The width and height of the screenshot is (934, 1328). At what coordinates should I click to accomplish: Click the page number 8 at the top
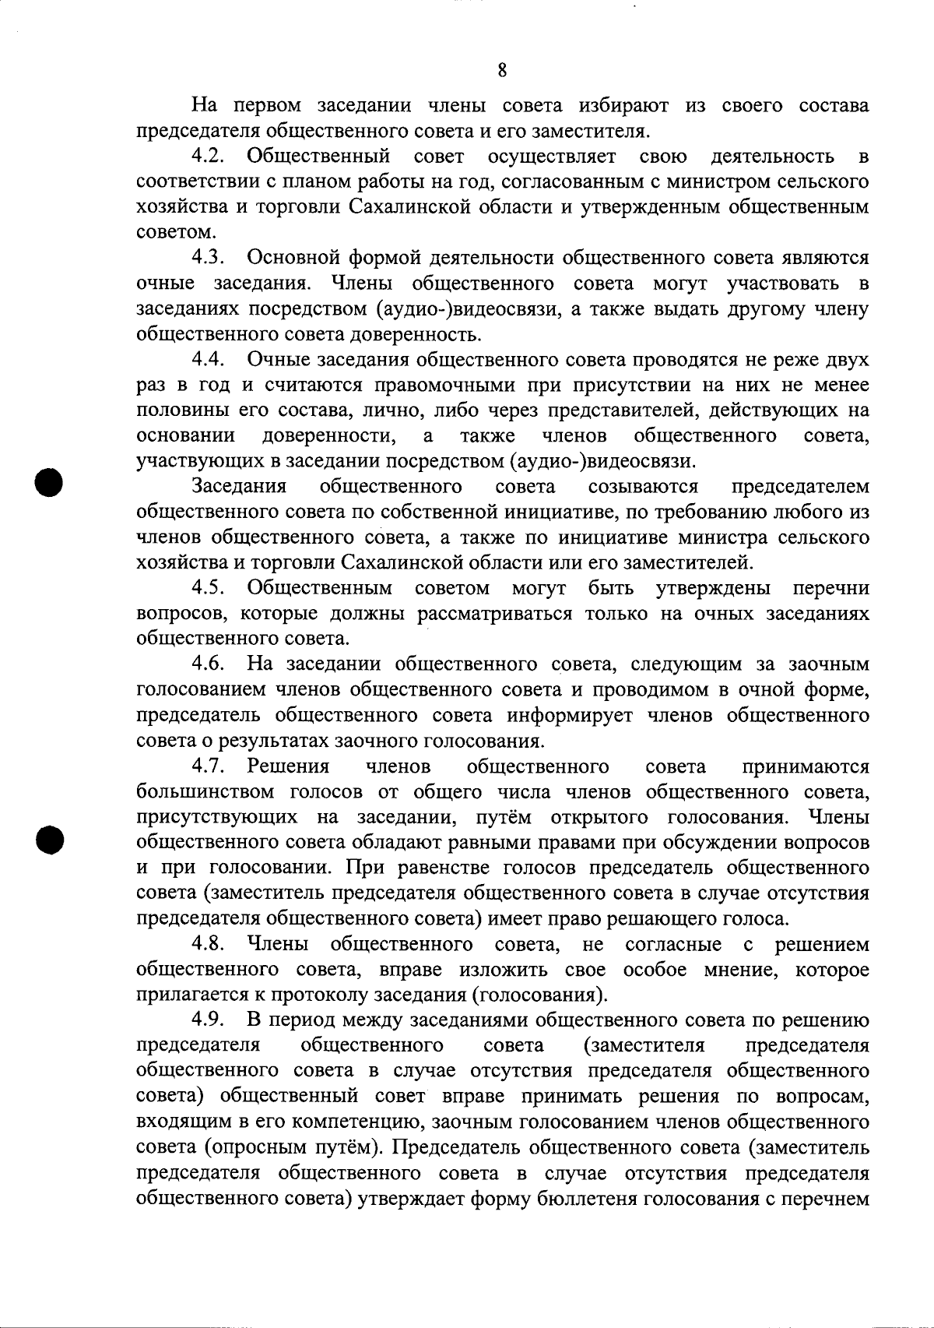point(502,71)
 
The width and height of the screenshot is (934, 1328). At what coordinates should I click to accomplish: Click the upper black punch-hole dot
point(48,482)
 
